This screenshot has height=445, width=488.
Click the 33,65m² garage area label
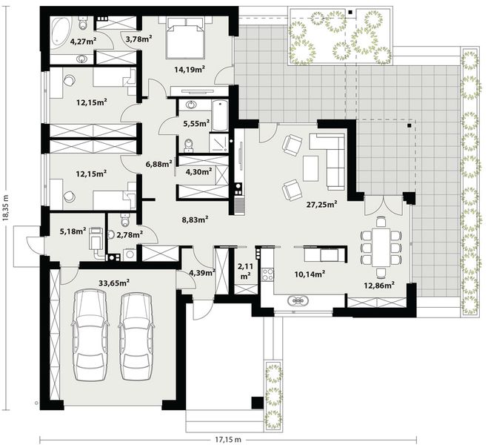pyautogui.click(x=114, y=283)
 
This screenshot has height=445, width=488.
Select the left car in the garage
pyautogui.click(x=91, y=334)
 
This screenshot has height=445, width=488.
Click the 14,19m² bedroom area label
pyautogui.click(x=189, y=70)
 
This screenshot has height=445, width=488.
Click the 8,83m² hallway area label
pyautogui.click(x=194, y=219)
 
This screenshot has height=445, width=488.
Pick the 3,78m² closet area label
pyautogui.click(x=138, y=39)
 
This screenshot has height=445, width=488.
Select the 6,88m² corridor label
pyautogui.click(x=158, y=162)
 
